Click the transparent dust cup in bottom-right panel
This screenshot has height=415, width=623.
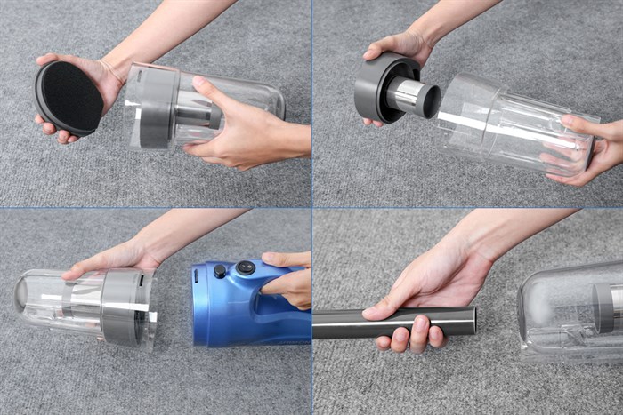pyautogui.click(x=570, y=311)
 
